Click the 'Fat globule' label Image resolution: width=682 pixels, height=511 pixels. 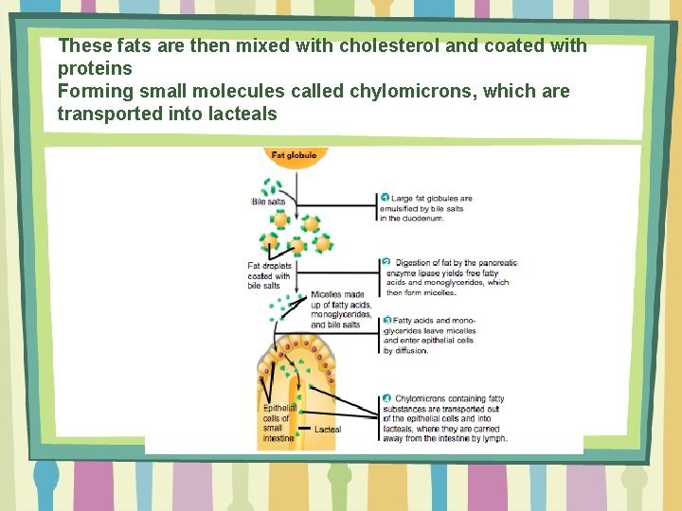click(294, 155)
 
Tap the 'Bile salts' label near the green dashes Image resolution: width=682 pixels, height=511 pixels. click(268, 202)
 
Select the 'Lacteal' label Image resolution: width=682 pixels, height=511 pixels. click(327, 430)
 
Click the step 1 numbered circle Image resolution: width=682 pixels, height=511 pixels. click(386, 198)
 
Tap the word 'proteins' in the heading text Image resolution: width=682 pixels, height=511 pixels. click(95, 68)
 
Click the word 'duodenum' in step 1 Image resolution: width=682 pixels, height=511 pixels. click(424, 219)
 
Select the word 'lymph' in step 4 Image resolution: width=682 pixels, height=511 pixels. click(494, 438)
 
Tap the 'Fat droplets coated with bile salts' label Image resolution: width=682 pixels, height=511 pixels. click(269, 275)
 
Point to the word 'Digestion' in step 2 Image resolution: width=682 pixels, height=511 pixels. click(414, 262)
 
